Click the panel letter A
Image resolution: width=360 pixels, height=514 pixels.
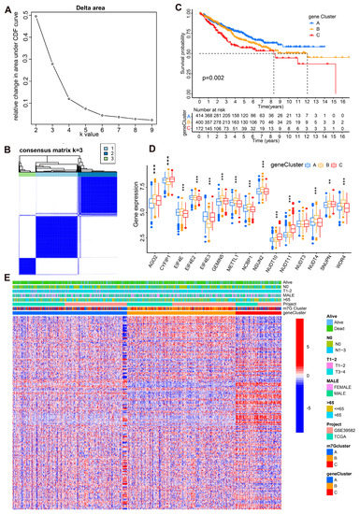5,6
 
